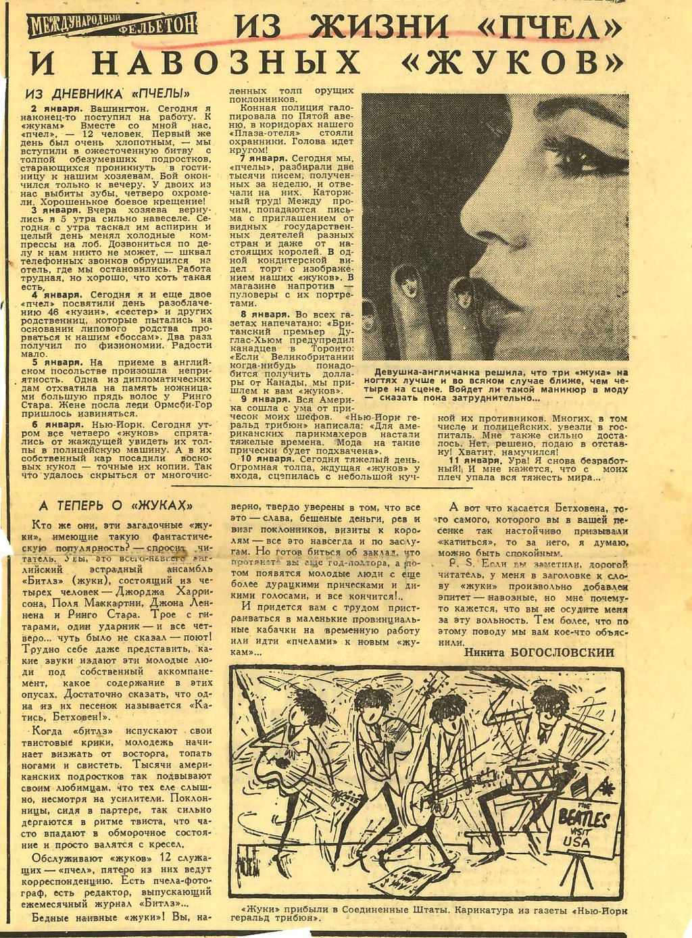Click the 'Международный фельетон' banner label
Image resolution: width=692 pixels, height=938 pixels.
coord(112,26)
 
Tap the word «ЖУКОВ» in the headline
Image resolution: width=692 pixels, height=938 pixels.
coord(511,62)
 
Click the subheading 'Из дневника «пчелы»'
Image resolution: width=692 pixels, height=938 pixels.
coord(107,94)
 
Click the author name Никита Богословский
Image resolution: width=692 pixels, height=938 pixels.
coord(540,652)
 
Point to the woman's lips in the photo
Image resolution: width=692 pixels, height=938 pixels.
coord(500,302)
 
